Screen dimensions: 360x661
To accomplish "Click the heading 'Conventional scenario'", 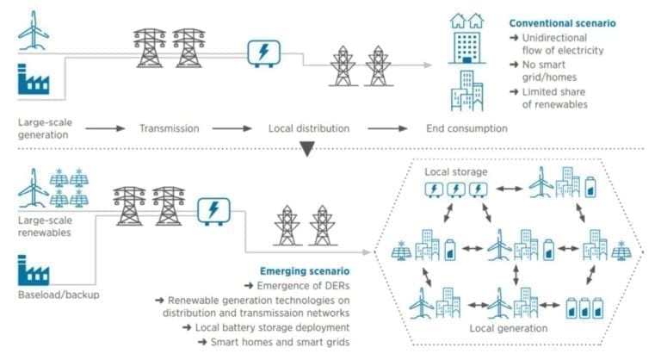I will coord(563,23).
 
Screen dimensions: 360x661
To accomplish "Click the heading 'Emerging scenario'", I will coord(298,271).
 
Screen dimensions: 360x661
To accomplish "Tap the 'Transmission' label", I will coord(170,129).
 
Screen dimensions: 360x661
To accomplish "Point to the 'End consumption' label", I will coord(466,129).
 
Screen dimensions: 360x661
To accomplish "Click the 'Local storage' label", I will coord(455,172).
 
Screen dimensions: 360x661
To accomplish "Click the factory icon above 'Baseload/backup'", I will coord(34,273).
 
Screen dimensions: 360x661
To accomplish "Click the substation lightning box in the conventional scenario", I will coord(263,53).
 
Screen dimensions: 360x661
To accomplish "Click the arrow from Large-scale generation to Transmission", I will coord(105,129).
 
